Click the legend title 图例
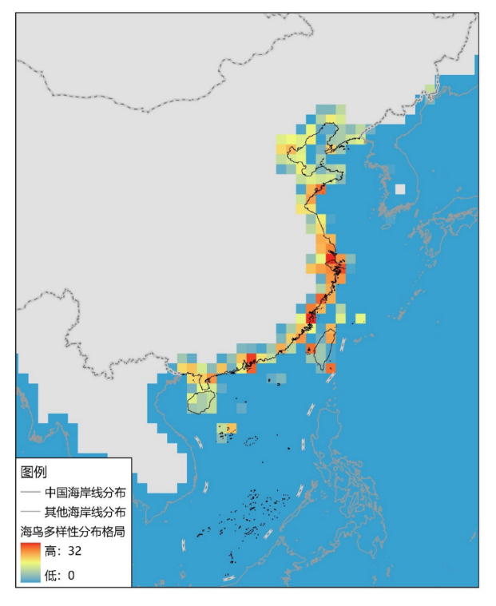[x=34, y=471]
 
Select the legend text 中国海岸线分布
[x=84, y=492]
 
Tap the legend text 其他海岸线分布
[x=84, y=511]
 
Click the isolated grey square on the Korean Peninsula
[x=400, y=190]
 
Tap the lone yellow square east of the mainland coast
[x=360, y=319]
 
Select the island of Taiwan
[x=320, y=349]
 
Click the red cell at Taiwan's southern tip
[x=330, y=368]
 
